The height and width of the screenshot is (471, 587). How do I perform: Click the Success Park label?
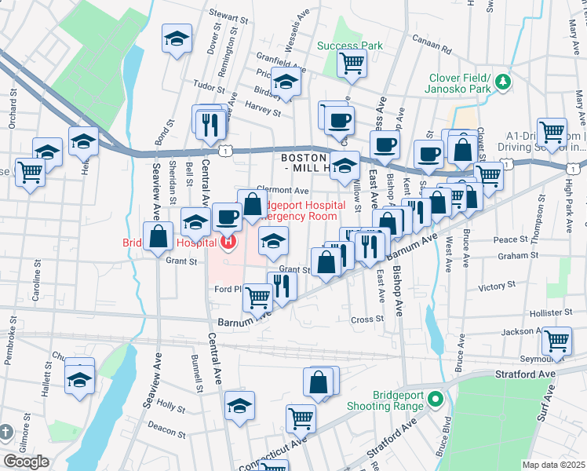350,46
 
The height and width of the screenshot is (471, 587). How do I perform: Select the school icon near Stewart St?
177,37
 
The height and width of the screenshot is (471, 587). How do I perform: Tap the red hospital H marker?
228,243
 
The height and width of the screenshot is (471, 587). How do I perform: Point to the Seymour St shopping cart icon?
556,340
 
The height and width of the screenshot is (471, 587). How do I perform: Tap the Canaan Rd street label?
436,48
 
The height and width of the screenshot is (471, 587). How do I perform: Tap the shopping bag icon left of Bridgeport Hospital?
159,235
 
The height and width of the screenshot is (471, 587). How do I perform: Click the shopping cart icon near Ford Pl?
257,297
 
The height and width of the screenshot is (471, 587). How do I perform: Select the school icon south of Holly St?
240,406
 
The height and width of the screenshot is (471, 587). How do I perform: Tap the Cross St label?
366,319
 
